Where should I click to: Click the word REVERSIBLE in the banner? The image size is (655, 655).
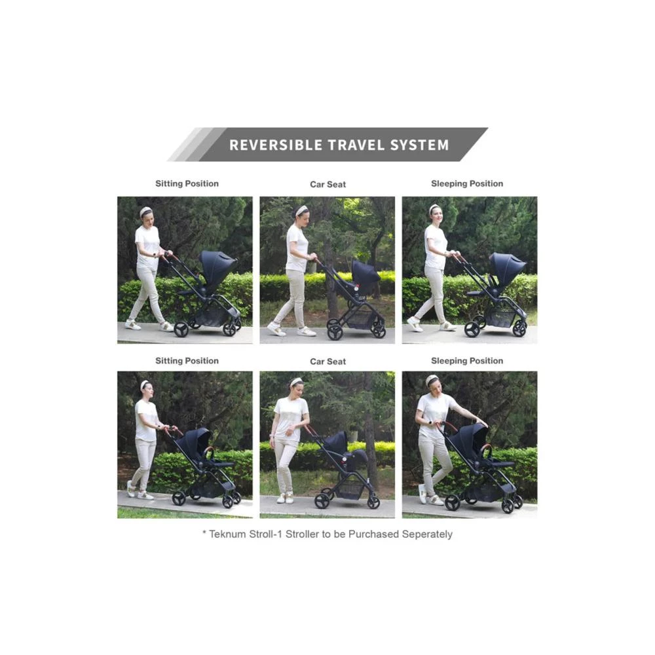point(276,145)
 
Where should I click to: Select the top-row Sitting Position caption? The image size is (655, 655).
point(187,184)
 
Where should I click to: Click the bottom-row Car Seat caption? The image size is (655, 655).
point(328,362)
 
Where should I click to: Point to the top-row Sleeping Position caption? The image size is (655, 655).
point(467,184)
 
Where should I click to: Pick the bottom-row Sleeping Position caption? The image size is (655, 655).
point(467,361)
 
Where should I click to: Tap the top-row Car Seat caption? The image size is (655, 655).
point(328,185)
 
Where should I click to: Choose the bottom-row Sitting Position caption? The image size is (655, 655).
point(187,361)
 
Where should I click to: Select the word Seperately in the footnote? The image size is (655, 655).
point(427,534)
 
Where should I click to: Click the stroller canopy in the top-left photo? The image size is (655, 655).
point(217,267)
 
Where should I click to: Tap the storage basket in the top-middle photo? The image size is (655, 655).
point(358,318)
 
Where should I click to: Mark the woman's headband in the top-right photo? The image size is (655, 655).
point(434,208)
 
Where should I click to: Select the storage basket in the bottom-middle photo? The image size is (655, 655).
point(350,489)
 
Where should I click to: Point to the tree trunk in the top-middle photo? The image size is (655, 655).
point(333,288)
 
